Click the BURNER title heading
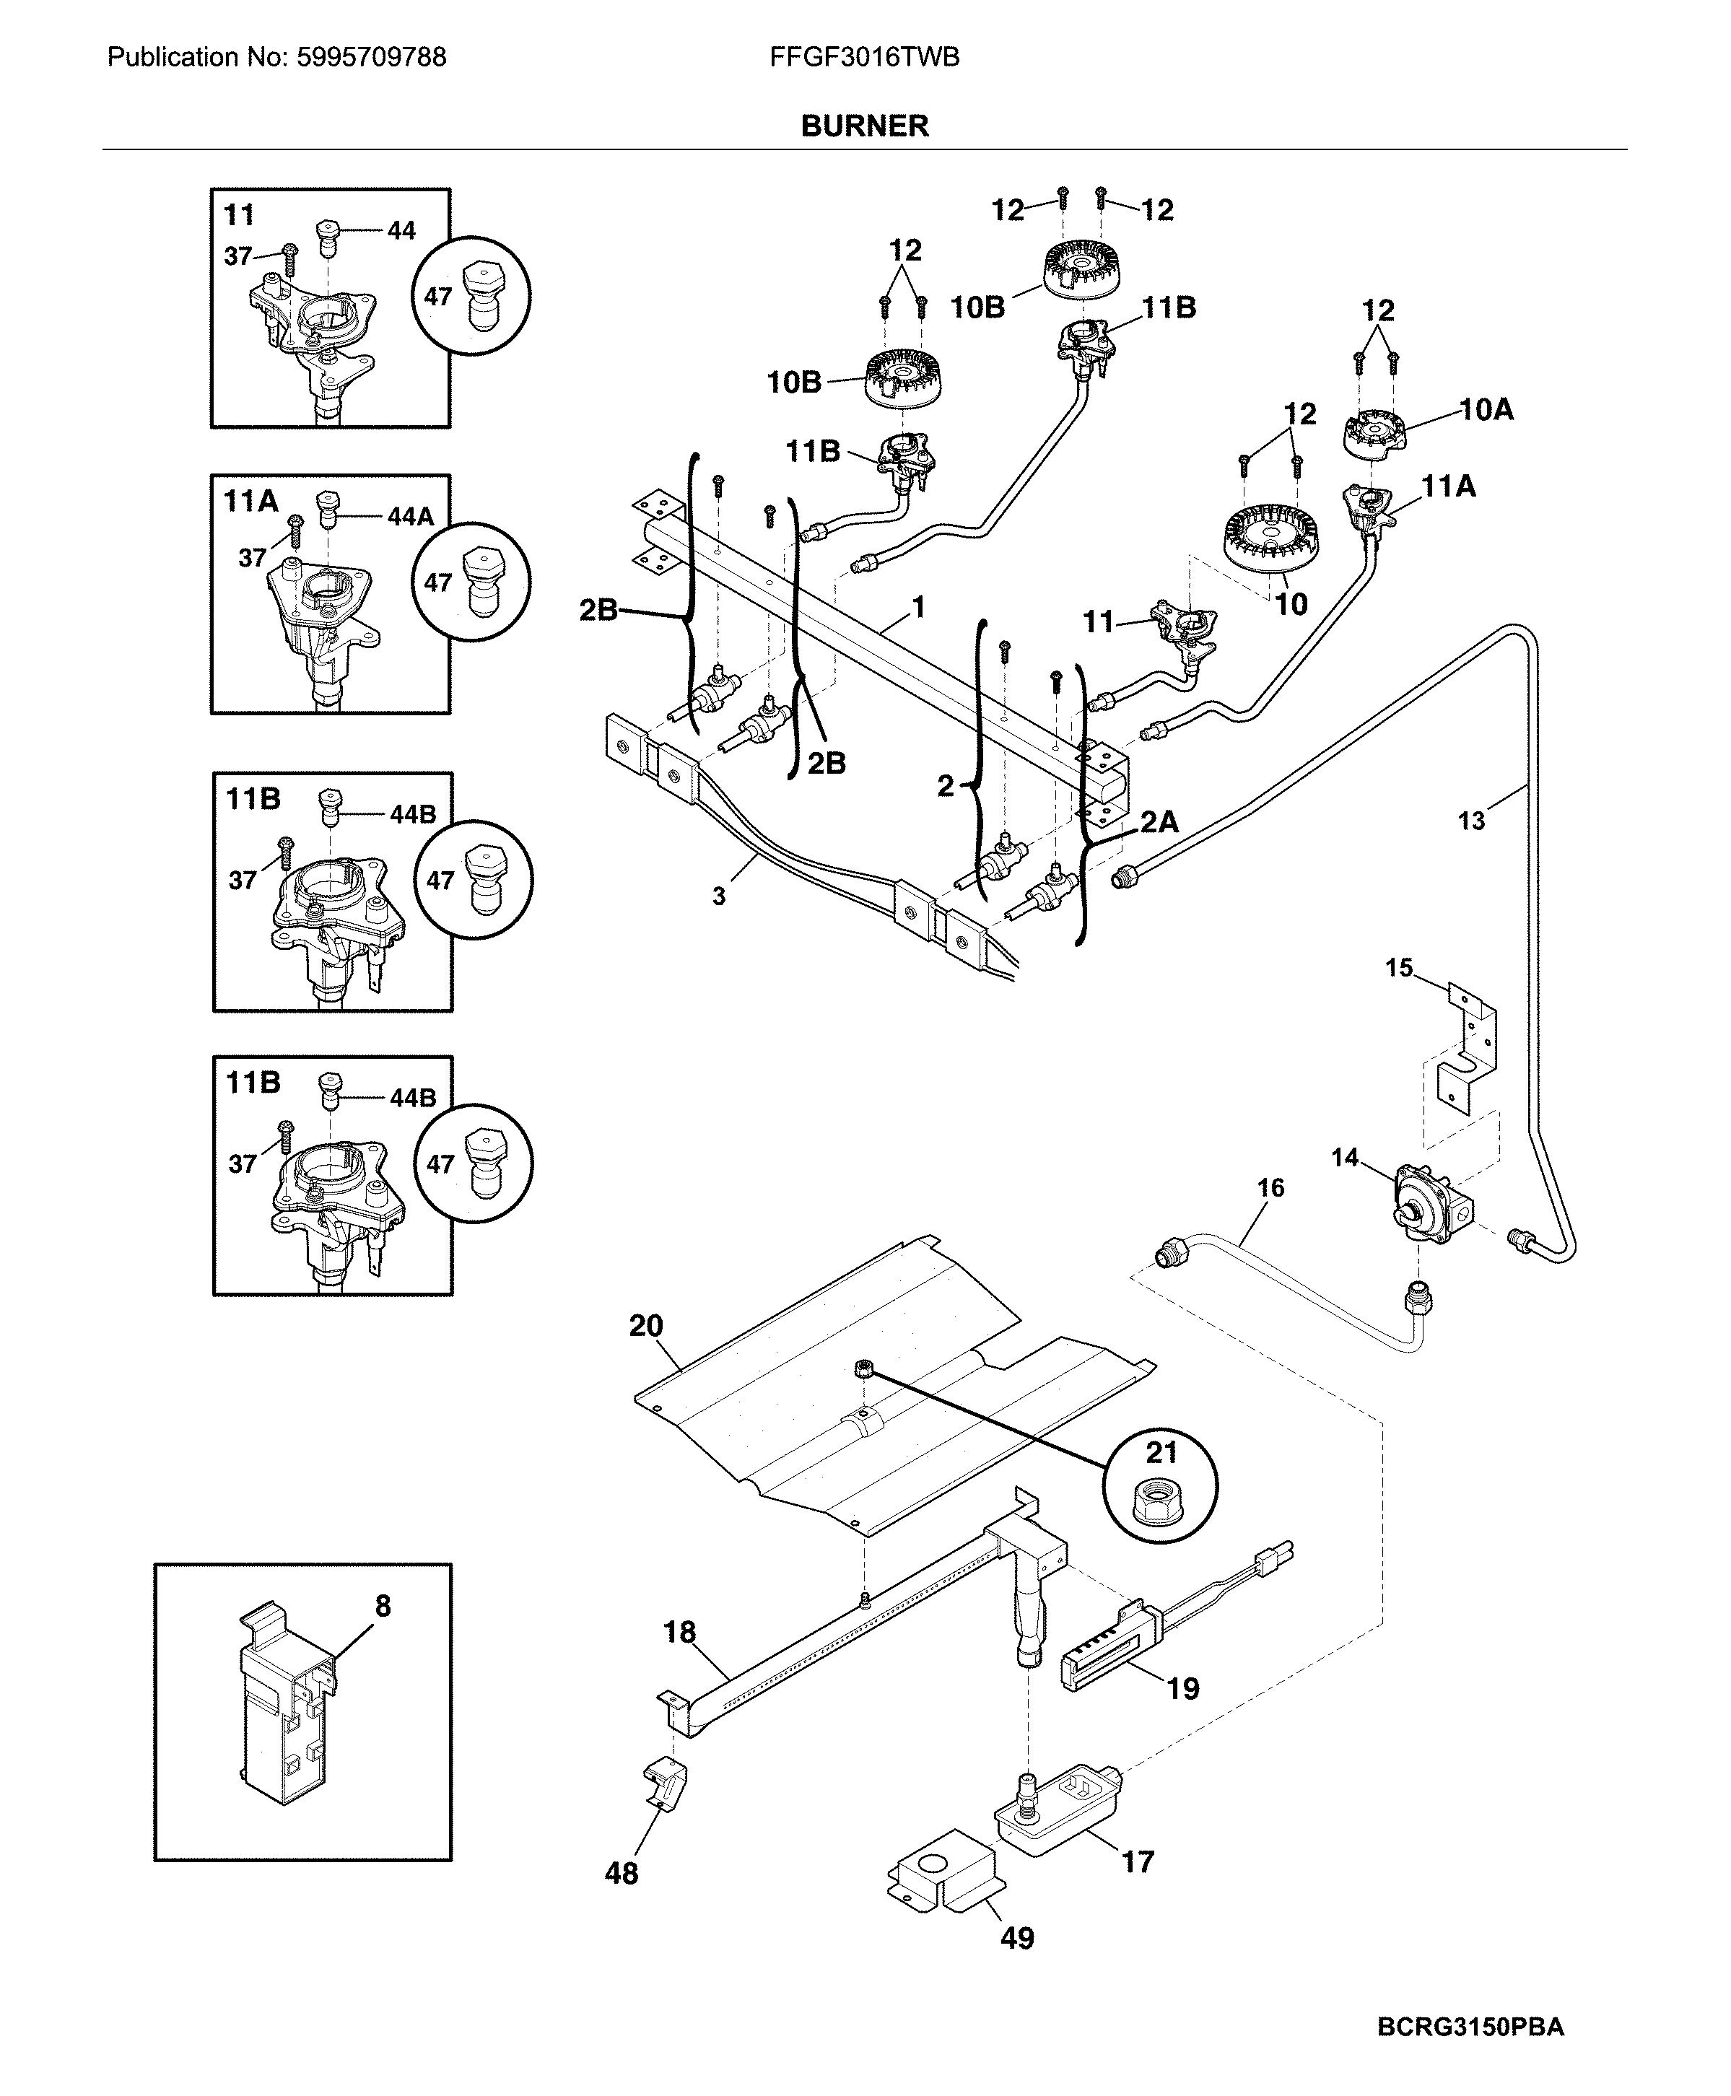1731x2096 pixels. click(x=865, y=126)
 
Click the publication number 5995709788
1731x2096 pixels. click(x=371, y=58)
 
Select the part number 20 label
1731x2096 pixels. click(x=646, y=1326)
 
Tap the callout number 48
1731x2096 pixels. click(x=622, y=1874)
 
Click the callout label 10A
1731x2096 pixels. click(x=1486, y=410)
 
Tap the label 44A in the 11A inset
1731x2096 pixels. click(x=411, y=517)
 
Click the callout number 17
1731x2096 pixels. click(x=1138, y=1861)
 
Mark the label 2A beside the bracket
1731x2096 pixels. click(x=1159, y=821)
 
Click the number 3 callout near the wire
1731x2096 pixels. click(x=718, y=896)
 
